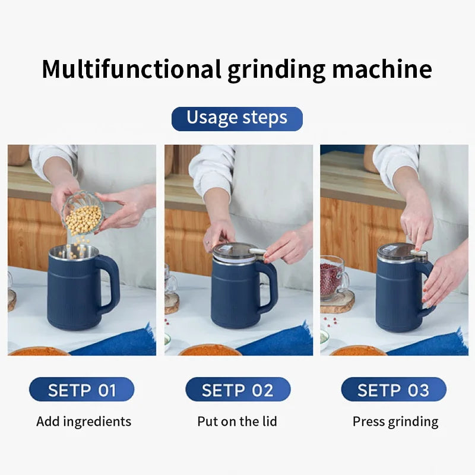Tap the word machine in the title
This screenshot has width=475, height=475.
[x=382, y=69]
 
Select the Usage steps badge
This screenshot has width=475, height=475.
[x=237, y=118]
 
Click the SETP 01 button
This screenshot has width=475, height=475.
[x=81, y=390]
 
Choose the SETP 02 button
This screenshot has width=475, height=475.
[x=237, y=390]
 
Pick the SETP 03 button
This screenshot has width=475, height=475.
[x=393, y=390]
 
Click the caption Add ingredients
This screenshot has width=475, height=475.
[x=84, y=422]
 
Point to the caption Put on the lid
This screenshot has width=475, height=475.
[x=237, y=422]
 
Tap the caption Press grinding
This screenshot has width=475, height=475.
[x=395, y=422]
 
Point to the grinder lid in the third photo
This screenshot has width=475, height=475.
[x=397, y=252]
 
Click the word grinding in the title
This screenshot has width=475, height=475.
[x=277, y=69]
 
